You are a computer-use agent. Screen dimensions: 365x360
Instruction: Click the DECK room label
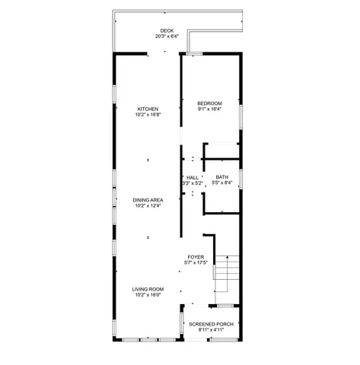(167, 30)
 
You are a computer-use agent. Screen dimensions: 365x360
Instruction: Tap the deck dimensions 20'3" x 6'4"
(167, 36)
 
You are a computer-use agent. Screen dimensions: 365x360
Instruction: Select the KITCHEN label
(148, 109)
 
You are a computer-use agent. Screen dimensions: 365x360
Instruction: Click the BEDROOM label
(209, 103)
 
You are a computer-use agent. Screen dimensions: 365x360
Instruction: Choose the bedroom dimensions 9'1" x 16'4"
(209, 109)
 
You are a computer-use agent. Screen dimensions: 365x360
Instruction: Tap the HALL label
(192, 177)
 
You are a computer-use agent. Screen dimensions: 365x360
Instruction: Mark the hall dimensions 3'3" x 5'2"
(192, 182)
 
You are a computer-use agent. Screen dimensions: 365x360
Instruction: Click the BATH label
(221, 177)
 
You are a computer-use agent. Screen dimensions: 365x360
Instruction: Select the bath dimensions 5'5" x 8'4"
(221, 182)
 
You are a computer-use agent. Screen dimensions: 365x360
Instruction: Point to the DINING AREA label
(148, 200)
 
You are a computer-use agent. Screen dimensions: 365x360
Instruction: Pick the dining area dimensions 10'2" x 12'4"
(148, 205)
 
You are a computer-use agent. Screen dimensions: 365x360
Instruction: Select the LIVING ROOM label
(148, 289)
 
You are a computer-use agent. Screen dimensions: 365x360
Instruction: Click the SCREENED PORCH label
(211, 325)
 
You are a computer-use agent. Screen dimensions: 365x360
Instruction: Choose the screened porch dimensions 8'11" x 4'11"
(211, 330)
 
